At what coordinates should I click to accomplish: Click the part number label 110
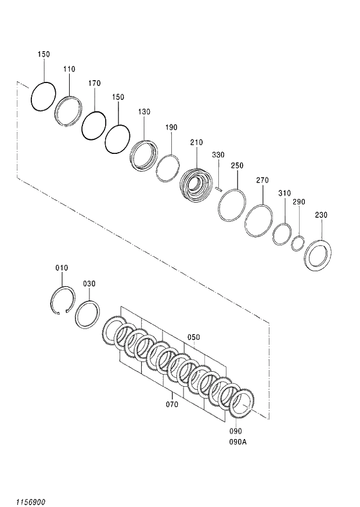click(69, 69)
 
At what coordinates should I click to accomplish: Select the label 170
click(95, 83)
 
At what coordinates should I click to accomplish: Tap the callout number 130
click(144, 112)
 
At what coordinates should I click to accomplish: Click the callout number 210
click(196, 142)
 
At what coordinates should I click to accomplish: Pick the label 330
click(218, 154)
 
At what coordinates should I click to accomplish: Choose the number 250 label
click(237, 166)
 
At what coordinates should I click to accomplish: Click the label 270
click(262, 181)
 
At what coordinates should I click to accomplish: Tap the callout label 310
click(284, 193)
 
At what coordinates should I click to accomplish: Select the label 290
click(298, 202)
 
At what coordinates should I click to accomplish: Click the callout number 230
click(321, 215)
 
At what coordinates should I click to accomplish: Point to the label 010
click(62, 268)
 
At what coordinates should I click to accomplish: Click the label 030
click(89, 283)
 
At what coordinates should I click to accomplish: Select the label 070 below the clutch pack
click(172, 403)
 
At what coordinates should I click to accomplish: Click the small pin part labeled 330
click(219, 188)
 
